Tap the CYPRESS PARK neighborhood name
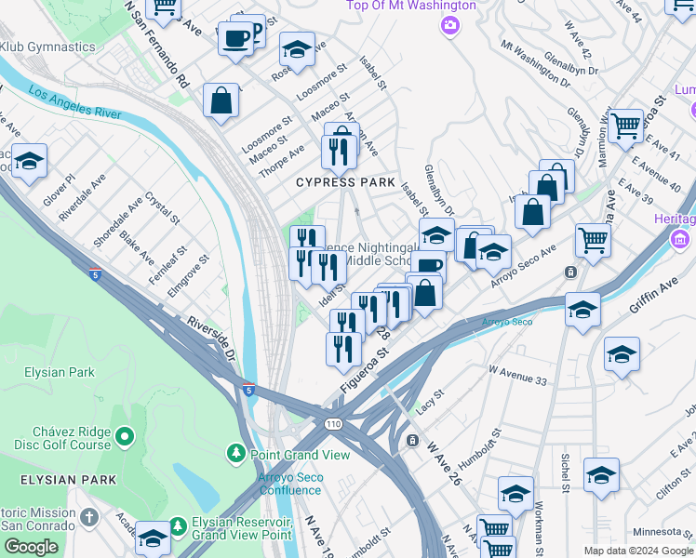(x=345, y=182)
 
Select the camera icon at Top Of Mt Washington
(x=450, y=24)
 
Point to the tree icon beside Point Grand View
(x=237, y=455)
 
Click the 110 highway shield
(x=334, y=424)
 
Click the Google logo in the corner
(x=31, y=546)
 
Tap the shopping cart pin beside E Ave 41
(x=626, y=125)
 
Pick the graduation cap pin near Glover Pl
(x=29, y=162)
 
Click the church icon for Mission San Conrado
(x=89, y=516)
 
